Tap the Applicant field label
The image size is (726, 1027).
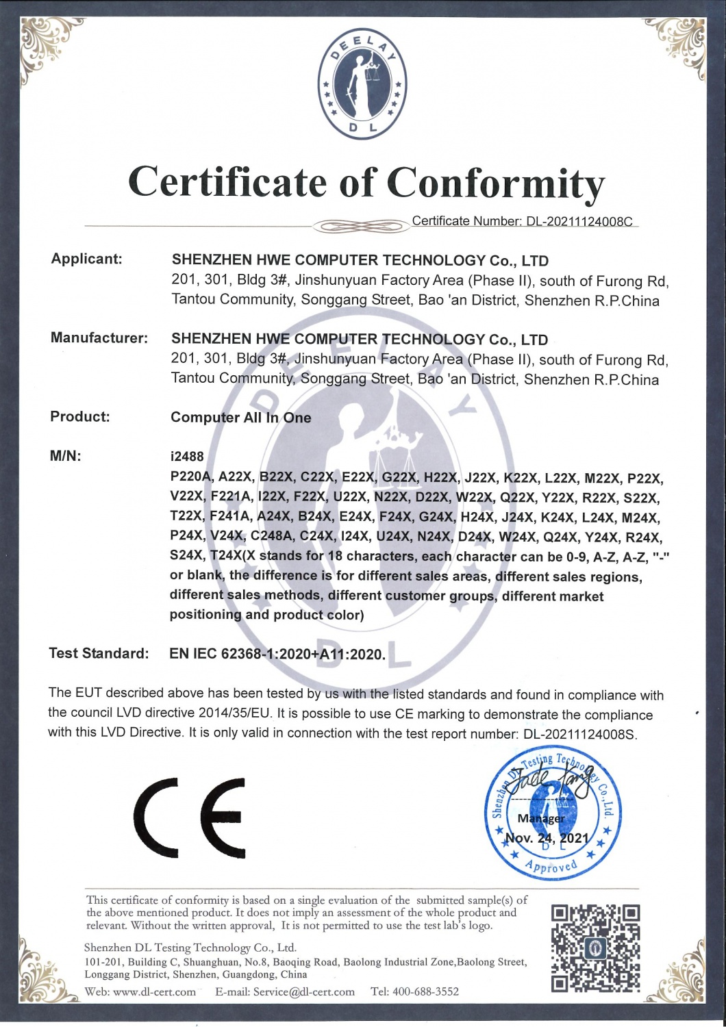[x=87, y=259]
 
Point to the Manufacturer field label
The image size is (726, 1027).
[x=99, y=338]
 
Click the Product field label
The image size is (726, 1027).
[x=80, y=416]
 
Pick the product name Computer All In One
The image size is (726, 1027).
[x=240, y=418]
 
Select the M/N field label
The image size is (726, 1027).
[x=66, y=456]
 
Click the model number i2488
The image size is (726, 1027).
[x=187, y=457]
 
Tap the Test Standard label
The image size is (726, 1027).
[x=99, y=653]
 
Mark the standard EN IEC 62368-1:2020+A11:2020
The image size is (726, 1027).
[x=277, y=654]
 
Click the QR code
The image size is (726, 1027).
[x=595, y=948]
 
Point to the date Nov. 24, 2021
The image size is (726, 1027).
[x=547, y=838]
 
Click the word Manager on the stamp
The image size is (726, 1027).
[x=541, y=818]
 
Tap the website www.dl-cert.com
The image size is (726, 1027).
[x=154, y=991]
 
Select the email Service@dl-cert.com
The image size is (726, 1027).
[x=303, y=991]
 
